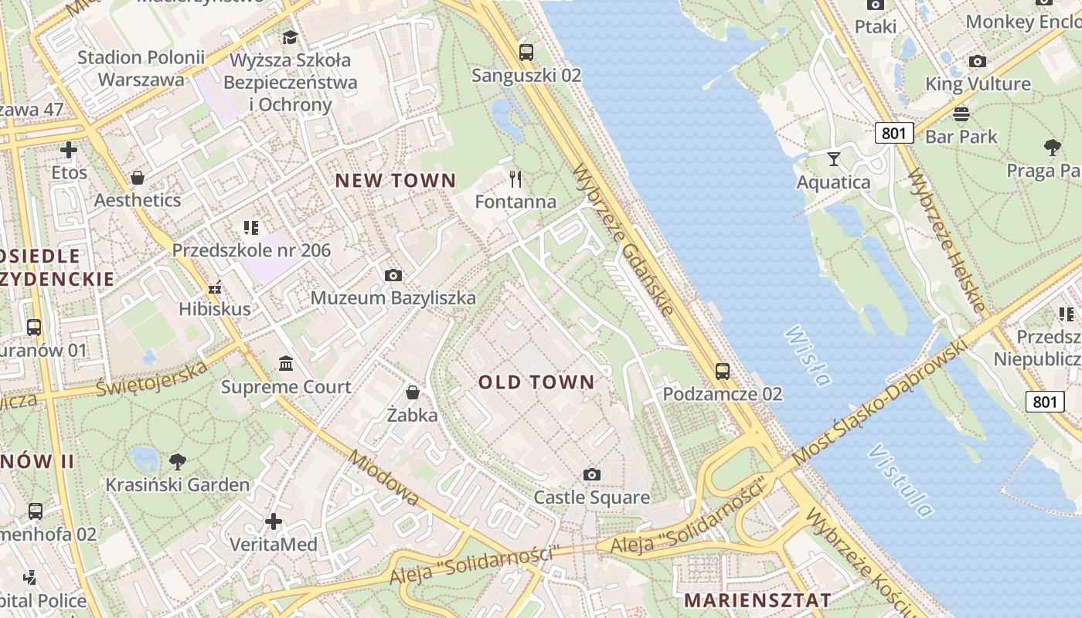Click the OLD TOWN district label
(x=536, y=382)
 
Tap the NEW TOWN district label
(x=396, y=181)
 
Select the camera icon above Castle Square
(x=592, y=474)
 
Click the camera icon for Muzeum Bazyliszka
(x=393, y=275)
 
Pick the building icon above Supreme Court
(x=286, y=363)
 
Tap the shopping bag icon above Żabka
(x=413, y=392)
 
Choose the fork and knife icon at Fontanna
(x=515, y=179)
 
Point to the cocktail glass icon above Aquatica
(x=833, y=159)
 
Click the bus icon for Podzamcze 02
(x=723, y=371)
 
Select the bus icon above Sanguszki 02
(x=526, y=53)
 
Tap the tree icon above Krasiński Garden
(x=178, y=462)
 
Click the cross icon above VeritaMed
(x=274, y=521)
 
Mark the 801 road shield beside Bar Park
(x=893, y=133)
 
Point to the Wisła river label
(x=808, y=356)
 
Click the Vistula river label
(x=900, y=480)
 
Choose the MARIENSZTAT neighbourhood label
(x=757, y=600)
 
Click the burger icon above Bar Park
(x=961, y=114)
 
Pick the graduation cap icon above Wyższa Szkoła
(x=290, y=37)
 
